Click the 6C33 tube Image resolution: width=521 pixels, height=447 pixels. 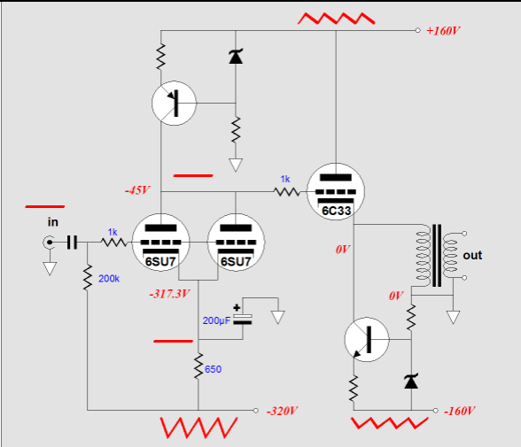[x=336, y=191]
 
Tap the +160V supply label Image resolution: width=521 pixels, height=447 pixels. [x=443, y=31]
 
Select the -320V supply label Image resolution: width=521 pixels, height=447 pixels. [x=282, y=412]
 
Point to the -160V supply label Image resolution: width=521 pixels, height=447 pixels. [x=460, y=412]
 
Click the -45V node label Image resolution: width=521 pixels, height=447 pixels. [x=137, y=190]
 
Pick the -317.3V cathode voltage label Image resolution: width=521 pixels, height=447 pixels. [x=169, y=294]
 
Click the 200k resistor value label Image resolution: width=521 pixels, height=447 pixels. [x=109, y=279]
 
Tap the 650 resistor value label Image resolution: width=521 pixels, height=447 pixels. [x=213, y=369]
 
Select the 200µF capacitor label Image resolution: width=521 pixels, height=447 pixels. [x=216, y=320]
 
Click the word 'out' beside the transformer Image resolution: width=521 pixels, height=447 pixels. [x=472, y=255]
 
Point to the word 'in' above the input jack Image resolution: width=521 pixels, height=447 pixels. [x=53, y=221]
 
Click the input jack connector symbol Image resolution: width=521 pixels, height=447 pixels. [x=50, y=243]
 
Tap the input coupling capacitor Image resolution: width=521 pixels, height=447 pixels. [x=72, y=243]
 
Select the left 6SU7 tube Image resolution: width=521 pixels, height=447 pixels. [x=161, y=243]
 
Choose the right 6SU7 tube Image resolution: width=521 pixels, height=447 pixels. [x=236, y=243]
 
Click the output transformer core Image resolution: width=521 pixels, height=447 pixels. [x=437, y=255]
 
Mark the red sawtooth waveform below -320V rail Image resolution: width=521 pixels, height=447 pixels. [x=198, y=428]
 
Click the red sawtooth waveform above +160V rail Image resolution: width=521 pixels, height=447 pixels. [x=337, y=19]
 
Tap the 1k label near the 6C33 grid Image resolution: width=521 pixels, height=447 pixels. [x=285, y=179]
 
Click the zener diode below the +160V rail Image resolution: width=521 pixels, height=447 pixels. [x=236, y=56]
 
